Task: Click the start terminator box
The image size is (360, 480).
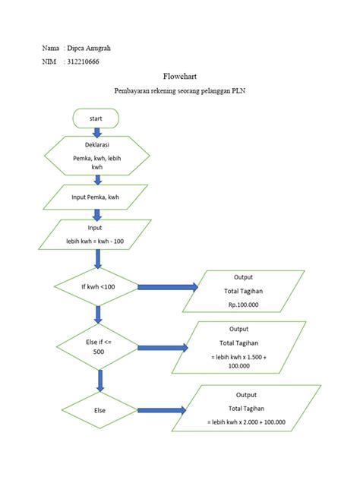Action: [96, 118]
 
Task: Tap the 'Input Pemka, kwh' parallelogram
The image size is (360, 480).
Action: [96, 197]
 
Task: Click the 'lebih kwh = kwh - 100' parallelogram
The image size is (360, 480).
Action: [96, 235]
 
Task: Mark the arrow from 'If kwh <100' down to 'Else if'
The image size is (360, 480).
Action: [97, 314]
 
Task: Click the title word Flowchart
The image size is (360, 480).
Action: [179, 77]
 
